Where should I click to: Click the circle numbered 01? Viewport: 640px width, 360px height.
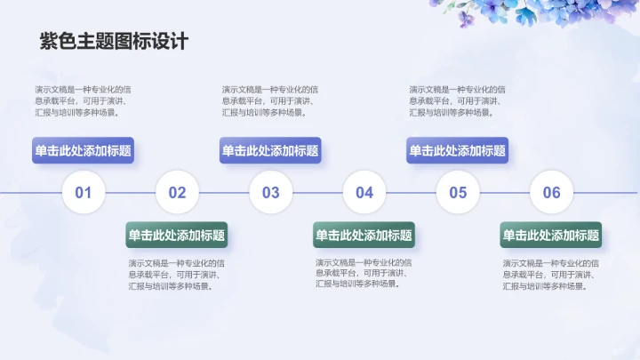coord(84,192)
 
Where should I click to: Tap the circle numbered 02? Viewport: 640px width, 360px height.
coord(177,192)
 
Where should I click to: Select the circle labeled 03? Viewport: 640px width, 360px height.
coord(271,192)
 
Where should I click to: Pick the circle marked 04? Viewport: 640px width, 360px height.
coord(364,192)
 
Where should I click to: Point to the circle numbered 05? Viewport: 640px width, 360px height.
coord(458,192)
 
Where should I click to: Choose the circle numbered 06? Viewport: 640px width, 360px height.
coord(552,192)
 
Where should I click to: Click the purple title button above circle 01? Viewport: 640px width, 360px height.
coord(84,151)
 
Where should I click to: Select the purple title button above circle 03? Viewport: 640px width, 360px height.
coord(270,151)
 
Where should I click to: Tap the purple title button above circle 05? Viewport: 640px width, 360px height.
coord(457,151)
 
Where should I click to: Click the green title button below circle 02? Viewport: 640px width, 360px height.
coord(177,236)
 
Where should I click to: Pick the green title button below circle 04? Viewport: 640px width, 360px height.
coord(364,236)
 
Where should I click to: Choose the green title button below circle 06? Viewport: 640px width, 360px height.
coord(551,236)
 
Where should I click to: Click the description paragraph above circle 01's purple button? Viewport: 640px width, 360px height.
coord(82,100)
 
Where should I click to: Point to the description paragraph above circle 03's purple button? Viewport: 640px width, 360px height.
coord(268,100)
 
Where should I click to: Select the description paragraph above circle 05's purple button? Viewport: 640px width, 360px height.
coord(456,100)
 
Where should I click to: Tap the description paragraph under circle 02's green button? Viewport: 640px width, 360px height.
coord(176,275)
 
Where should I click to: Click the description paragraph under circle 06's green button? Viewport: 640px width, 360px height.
coord(550,275)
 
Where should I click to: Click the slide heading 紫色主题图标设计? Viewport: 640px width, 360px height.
coord(114,41)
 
